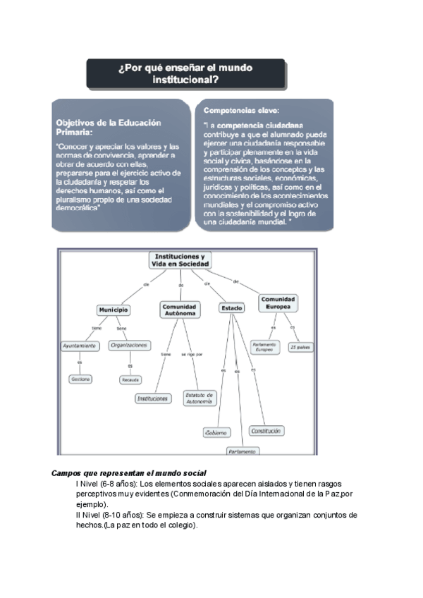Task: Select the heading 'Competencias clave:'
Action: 242,111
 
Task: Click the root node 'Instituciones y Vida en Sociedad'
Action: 179,260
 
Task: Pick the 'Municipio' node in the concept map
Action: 114,310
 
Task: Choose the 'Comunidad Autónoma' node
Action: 180,310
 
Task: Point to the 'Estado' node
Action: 231,308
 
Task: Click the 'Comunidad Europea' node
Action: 278,303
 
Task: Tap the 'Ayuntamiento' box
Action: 79,346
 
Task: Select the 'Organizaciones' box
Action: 130,346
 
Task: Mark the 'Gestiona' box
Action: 80,379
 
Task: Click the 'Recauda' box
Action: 130,379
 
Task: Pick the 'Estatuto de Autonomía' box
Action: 199,398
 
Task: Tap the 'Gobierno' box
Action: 216,432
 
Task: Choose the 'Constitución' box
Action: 266,430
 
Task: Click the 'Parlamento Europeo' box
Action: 264,347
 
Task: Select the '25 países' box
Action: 300,347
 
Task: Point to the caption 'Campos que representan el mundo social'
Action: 134,472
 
